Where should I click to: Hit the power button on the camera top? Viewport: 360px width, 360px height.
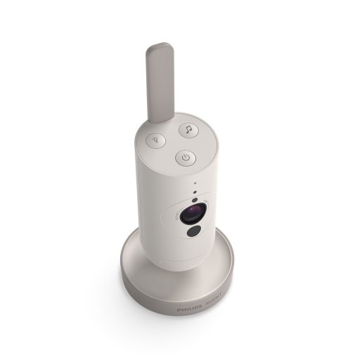(184, 159)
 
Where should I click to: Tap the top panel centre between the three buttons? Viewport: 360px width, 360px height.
(173, 143)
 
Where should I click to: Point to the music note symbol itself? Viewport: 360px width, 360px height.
(188, 129)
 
